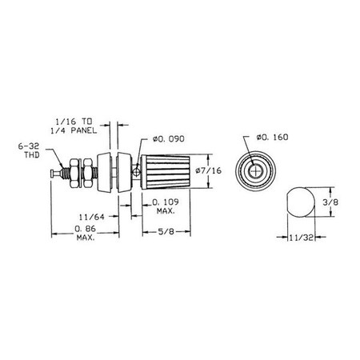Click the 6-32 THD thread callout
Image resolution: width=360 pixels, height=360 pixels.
point(29,150)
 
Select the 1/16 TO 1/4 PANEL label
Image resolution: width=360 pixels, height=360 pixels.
point(74,126)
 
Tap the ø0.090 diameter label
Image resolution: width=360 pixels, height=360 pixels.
point(169,139)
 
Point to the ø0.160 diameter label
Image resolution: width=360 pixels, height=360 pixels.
point(272,138)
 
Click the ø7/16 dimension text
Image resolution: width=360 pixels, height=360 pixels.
point(208,170)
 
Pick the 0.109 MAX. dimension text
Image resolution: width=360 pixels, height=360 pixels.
point(166,206)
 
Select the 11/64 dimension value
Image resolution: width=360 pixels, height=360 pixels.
point(92,217)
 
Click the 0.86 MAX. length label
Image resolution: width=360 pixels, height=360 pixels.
point(86,233)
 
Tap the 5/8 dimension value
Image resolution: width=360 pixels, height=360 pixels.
point(166,231)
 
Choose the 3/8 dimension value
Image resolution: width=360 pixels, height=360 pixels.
point(330,202)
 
